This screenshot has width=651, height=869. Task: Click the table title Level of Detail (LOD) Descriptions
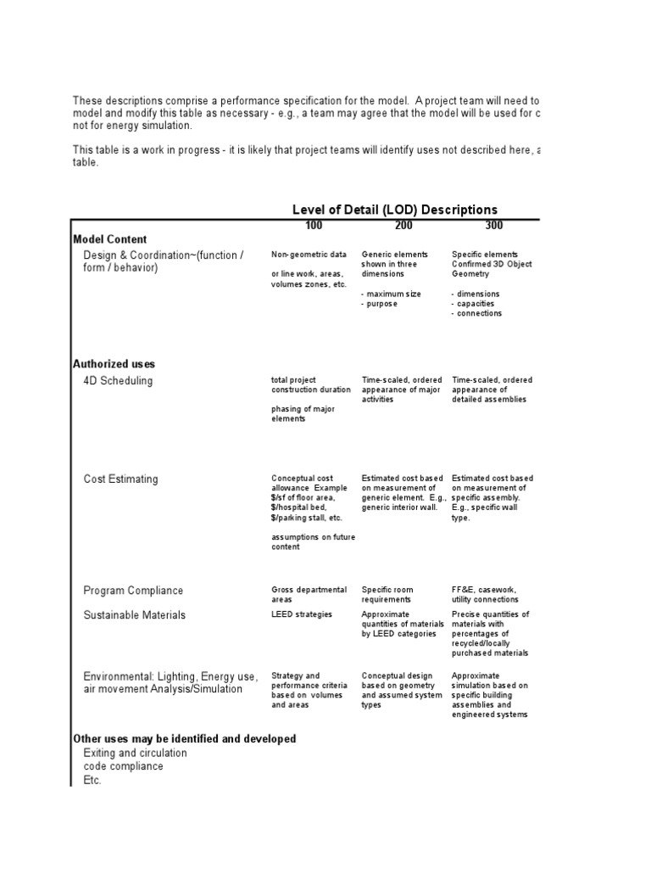coord(394,210)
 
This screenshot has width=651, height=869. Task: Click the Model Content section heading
coord(110,239)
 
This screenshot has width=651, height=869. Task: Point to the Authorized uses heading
coord(114,364)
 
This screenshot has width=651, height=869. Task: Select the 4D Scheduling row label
coord(118,381)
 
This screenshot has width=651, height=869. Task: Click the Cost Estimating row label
coord(120,479)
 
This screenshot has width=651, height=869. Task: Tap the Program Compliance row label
coord(133,591)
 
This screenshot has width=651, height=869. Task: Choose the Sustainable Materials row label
coord(136,615)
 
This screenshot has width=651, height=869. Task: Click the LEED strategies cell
coord(302,614)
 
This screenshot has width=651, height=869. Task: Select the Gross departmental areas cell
coord(309,594)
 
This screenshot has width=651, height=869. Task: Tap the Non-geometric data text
coord(309,255)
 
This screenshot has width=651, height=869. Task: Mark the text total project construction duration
coord(310,384)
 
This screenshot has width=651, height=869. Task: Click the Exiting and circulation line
coord(136,754)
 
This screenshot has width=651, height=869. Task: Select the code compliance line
coord(124,766)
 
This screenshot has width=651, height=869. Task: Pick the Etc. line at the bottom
coord(92,780)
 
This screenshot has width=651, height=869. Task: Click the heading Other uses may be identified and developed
coord(185,739)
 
